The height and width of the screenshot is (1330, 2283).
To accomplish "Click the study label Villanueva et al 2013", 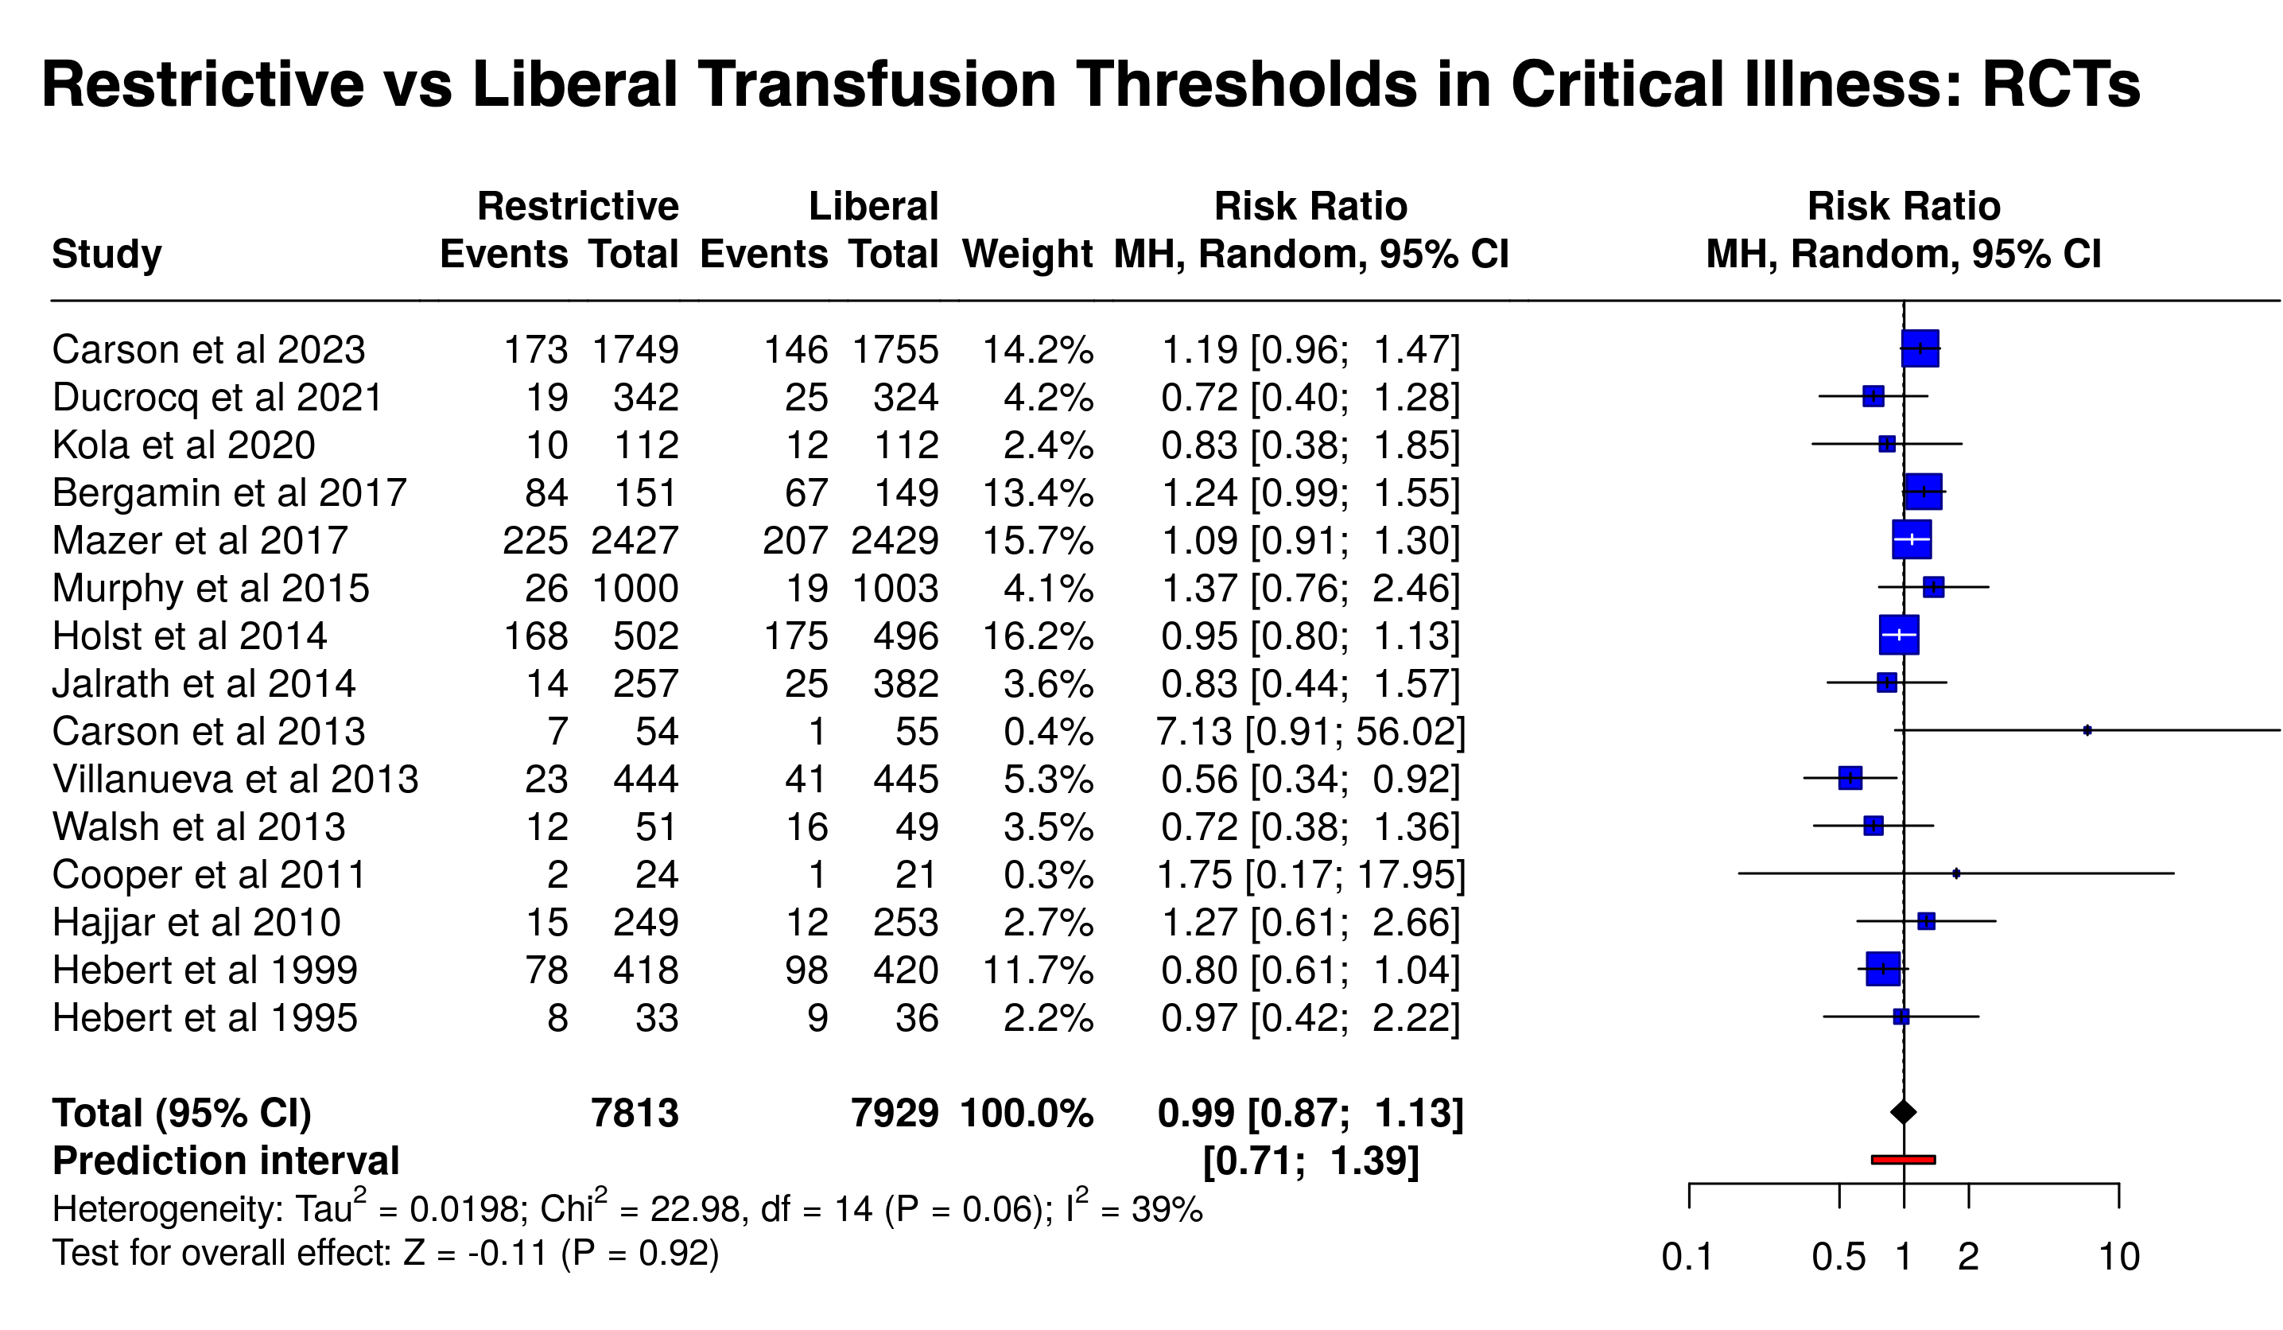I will click(235, 780).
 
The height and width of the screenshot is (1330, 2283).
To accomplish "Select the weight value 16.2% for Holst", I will click(1039, 636).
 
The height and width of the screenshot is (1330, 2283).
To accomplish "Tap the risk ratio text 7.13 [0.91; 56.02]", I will click(1310, 731).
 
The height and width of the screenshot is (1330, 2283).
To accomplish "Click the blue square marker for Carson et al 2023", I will click(1920, 349).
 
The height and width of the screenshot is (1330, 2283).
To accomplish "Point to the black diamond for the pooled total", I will click(1904, 1112).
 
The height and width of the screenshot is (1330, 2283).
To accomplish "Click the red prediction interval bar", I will click(1904, 1160).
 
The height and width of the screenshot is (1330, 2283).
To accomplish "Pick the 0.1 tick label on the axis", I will click(1687, 1258).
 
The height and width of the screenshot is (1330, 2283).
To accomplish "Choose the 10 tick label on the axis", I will click(2119, 1258).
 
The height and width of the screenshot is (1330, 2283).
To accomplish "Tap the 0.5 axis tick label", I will click(1838, 1258).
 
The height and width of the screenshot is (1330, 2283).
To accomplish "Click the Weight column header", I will click(1027, 254).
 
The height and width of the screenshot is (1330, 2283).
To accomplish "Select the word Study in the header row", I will click(107, 254).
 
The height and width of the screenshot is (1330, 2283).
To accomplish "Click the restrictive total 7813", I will click(635, 1114).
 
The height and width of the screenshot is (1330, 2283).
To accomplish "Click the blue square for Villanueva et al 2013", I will click(1850, 778).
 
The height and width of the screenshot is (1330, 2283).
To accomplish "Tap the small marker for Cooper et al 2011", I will click(1956, 873).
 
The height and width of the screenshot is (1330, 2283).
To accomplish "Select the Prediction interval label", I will click(226, 1161).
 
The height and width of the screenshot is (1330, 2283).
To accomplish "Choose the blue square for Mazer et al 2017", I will click(1912, 540).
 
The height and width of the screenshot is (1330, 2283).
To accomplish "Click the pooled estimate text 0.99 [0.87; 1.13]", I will click(1310, 1114).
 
